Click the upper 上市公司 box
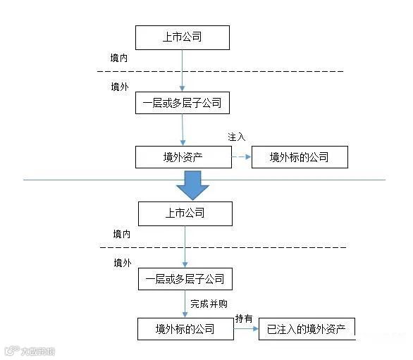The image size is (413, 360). click(x=183, y=37)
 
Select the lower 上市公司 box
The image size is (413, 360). click(x=185, y=213)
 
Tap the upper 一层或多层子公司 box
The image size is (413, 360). click(x=183, y=104)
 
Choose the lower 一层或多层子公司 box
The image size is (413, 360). click(x=185, y=279)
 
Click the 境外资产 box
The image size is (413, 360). click(x=183, y=157)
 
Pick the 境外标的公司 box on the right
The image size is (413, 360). click(x=300, y=157)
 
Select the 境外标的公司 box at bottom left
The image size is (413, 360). click(x=185, y=329)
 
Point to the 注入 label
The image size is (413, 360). click(x=236, y=136)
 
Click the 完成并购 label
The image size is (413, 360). click(x=209, y=304)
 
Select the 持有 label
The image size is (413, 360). click(x=244, y=318)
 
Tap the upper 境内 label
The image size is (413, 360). click(x=119, y=57)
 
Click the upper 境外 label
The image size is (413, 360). click(x=119, y=87)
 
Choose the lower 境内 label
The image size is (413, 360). click(x=122, y=232)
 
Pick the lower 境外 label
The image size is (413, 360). click(x=122, y=263)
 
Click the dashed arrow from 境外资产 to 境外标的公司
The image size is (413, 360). click(x=242, y=157)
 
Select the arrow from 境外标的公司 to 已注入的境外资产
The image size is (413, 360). click(x=245, y=329)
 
